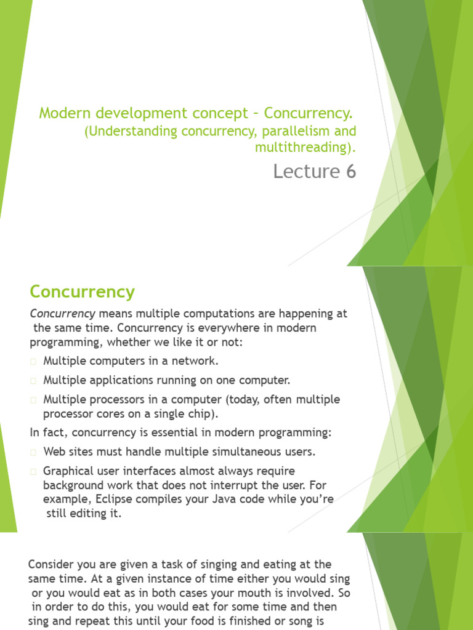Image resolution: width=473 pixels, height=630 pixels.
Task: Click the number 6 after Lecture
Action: (x=351, y=172)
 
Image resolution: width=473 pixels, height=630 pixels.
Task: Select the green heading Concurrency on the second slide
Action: (x=82, y=291)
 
